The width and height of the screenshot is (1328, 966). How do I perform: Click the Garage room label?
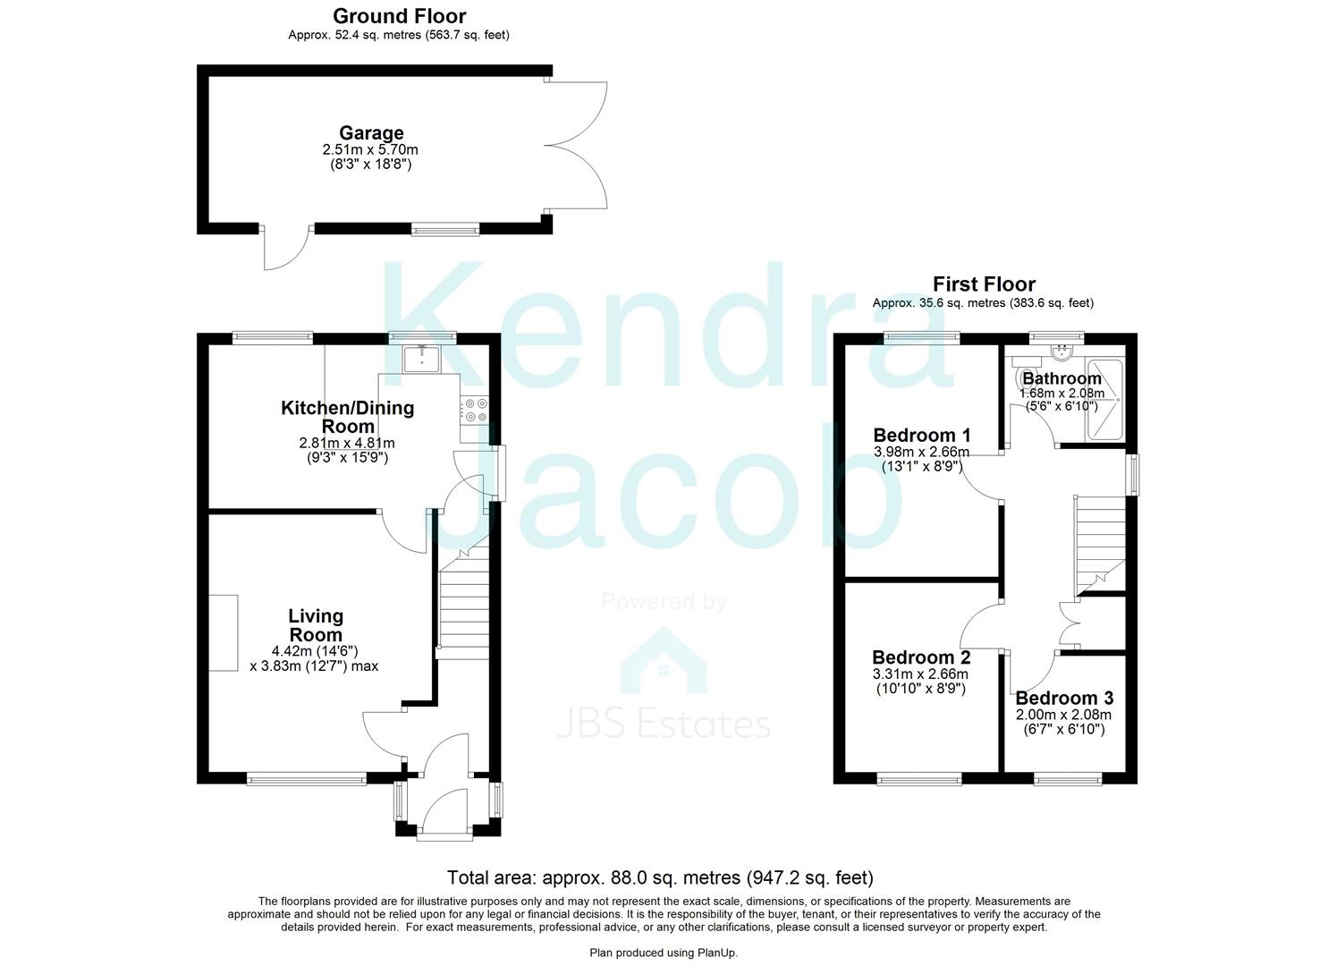click(x=370, y=133)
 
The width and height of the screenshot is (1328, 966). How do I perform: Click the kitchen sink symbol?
click(x=419, y=359)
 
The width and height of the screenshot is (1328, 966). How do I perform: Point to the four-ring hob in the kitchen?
click(x=474, y=411)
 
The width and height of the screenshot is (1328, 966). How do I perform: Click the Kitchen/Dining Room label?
click(x=347, y=417)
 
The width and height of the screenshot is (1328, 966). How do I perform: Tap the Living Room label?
click(x=315, y=625)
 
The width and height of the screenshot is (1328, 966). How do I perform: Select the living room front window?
click(x=307, y=779)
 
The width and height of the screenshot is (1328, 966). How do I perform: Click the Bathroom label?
click(x=1062, y=378)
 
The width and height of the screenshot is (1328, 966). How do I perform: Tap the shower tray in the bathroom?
click(x=1105, y=401)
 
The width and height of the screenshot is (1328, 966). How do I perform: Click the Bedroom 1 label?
click(x=921, y=436)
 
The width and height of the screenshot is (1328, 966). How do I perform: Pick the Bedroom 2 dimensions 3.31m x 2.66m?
click(x=921, y=674)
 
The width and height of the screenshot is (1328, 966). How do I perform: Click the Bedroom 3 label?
click(x=1063, y=698)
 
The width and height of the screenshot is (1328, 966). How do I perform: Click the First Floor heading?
click(x=983, y=284)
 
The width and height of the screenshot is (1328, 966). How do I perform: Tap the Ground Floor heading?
click(x=399, y=16)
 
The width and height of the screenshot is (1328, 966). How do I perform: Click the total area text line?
click(x=660, y=877)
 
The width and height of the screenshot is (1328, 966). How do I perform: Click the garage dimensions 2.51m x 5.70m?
click(x=370, y=150)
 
